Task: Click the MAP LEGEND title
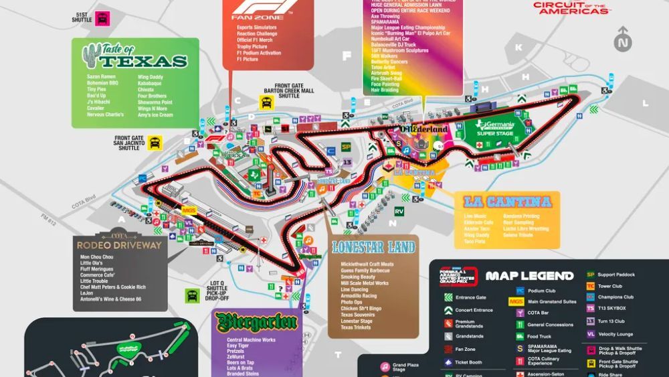[529, 276]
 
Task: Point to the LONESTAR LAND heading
[374, 247]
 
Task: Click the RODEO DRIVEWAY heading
[120, 244]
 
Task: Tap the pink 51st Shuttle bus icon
[102, 19]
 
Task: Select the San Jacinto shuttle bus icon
[155, 143]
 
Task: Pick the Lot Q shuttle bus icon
[193, 294]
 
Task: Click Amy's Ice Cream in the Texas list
[155, 115]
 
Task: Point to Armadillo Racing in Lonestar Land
[358, 295]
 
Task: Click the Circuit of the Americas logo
[572, 7]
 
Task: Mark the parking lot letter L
[645, 103]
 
